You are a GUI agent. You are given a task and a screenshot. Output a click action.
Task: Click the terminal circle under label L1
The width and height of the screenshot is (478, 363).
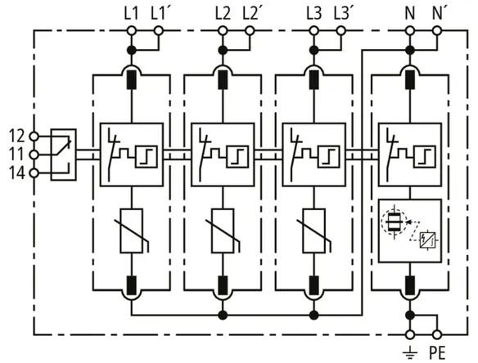[x=132, y=30]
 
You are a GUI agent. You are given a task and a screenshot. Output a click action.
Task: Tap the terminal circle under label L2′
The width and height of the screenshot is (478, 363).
[x=250, y=30]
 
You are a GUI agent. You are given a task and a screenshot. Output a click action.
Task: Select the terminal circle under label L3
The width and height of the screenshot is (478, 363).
[x=314, y=30]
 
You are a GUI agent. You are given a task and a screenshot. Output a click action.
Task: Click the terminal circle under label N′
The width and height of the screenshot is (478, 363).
[x=437, y=30]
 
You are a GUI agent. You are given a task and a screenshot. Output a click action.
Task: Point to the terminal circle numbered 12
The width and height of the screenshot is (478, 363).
[x=34, y=137]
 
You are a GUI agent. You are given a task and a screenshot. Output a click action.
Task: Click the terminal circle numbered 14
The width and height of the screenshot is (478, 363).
[x=34, y=173]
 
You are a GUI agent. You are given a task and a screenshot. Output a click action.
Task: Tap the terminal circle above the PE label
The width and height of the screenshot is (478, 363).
[x=437, y=334]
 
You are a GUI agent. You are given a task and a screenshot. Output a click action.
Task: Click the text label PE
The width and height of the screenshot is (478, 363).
[x=437, y=353]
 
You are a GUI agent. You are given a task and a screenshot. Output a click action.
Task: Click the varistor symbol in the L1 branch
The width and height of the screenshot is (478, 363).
[x=132, y=231]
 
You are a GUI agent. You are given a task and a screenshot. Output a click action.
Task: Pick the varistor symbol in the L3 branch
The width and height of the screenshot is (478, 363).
[x=314, y=231]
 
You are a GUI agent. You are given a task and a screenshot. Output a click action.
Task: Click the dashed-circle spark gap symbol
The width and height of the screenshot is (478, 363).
[x=394, y=222]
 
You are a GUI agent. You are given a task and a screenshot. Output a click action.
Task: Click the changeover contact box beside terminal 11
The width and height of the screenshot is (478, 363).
[x=63, y=155]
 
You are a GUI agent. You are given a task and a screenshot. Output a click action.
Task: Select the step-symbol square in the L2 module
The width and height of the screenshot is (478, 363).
[x=238, y=156]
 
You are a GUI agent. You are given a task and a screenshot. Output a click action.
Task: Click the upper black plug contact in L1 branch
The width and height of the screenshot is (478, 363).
[x=132, y=79]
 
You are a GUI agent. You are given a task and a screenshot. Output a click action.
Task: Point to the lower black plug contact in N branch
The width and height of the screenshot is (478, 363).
[x=410, y=285]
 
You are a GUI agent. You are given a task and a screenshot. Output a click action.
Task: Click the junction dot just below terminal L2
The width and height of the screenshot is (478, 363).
[x=223, y=50]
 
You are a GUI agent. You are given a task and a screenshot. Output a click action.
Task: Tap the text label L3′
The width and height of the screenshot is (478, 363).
[x=343, y=14]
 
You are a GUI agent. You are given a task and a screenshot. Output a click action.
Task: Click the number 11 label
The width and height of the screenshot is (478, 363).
[x=16, y=155]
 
